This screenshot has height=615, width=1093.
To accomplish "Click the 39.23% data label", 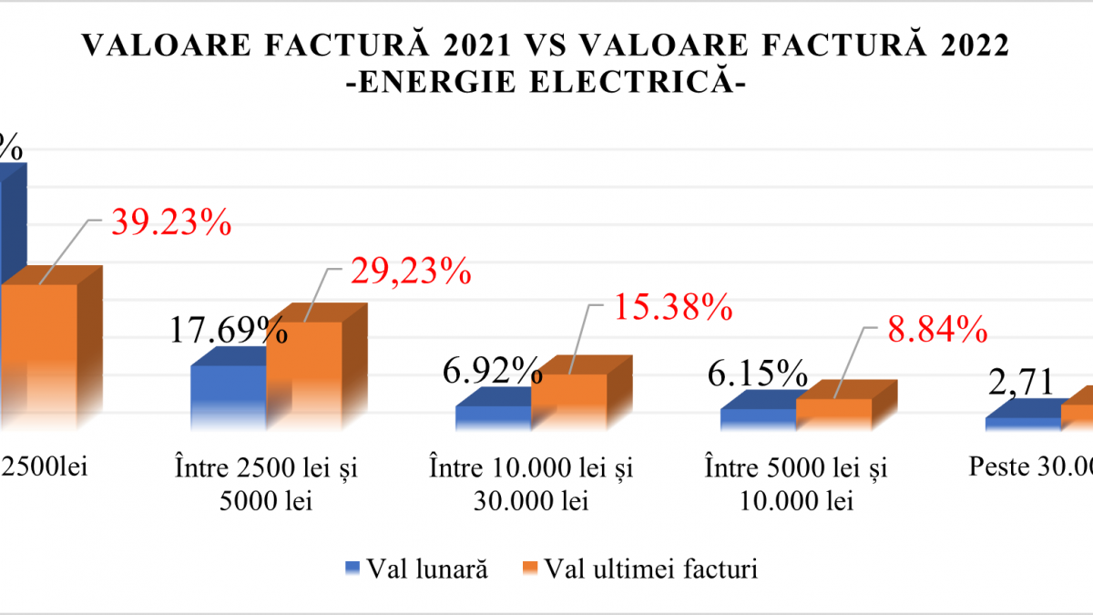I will [170, 222].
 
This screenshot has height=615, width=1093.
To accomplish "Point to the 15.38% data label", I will [671, 308].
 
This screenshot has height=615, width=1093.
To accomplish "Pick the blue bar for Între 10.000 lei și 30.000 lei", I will [493, 416].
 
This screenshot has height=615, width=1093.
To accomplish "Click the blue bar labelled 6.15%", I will [758, 417].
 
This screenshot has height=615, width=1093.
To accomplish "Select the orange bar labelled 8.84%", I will [833, 412].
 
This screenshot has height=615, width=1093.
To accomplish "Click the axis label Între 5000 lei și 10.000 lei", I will [795, 484].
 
